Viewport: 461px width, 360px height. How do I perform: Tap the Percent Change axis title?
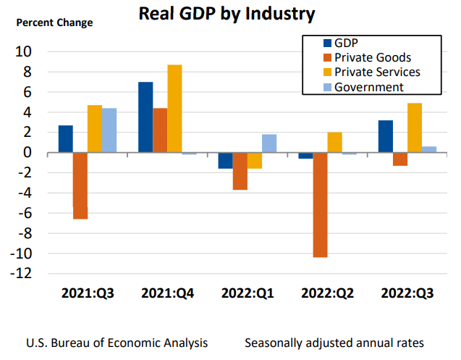tap(55, 22)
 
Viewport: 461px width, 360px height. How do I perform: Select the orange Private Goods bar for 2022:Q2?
tap(320, 205)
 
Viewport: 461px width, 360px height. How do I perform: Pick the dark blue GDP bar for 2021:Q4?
tap(145, 117)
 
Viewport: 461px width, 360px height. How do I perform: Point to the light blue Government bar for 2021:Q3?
tap(109, 130)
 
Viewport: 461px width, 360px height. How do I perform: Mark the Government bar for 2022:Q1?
tap(269, 143)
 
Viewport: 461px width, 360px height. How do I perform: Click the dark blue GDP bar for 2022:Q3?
tap(385, 136)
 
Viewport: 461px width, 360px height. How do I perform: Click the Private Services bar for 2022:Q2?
tap(334, 143)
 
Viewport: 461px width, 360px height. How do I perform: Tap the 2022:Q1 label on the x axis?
tap(247, 293)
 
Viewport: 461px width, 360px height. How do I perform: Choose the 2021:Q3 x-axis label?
tap(88, 293)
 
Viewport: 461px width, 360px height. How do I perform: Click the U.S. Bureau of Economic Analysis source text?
tap(117, 342)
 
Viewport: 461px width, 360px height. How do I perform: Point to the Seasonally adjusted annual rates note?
tap(334, 342)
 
